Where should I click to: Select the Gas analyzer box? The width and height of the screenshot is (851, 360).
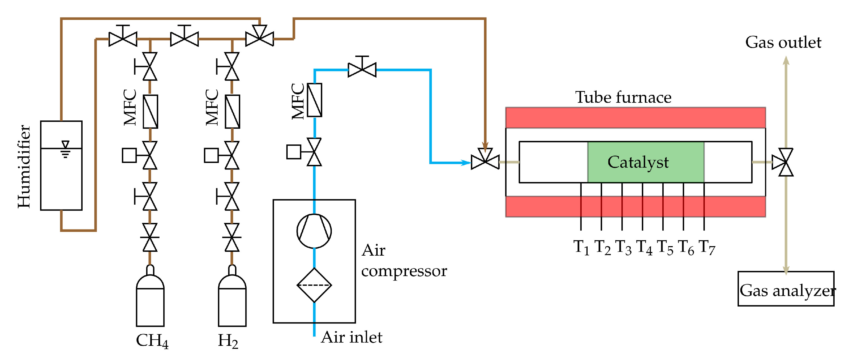pos(786,289)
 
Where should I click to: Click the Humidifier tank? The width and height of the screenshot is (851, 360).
pos(61,165)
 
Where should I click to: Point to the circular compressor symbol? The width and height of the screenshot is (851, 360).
pos(314,231)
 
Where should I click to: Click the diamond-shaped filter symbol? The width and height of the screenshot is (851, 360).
pos(314,285)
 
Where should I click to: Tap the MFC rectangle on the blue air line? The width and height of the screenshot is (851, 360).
pos(314,100)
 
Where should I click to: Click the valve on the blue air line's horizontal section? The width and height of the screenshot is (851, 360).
pos(362,67)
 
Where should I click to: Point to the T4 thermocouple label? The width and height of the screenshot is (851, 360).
pos(644,248)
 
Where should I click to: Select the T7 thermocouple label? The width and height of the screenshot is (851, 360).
pos(707,248)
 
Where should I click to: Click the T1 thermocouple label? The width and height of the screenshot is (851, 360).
pos(581,248)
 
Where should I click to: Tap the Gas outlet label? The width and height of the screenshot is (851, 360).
pos(783,42)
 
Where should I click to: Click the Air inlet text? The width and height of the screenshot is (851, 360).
pos(351,337)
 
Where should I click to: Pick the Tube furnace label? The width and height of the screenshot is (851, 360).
pos(623,98)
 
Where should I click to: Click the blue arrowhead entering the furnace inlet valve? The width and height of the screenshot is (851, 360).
pos(467,162)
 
